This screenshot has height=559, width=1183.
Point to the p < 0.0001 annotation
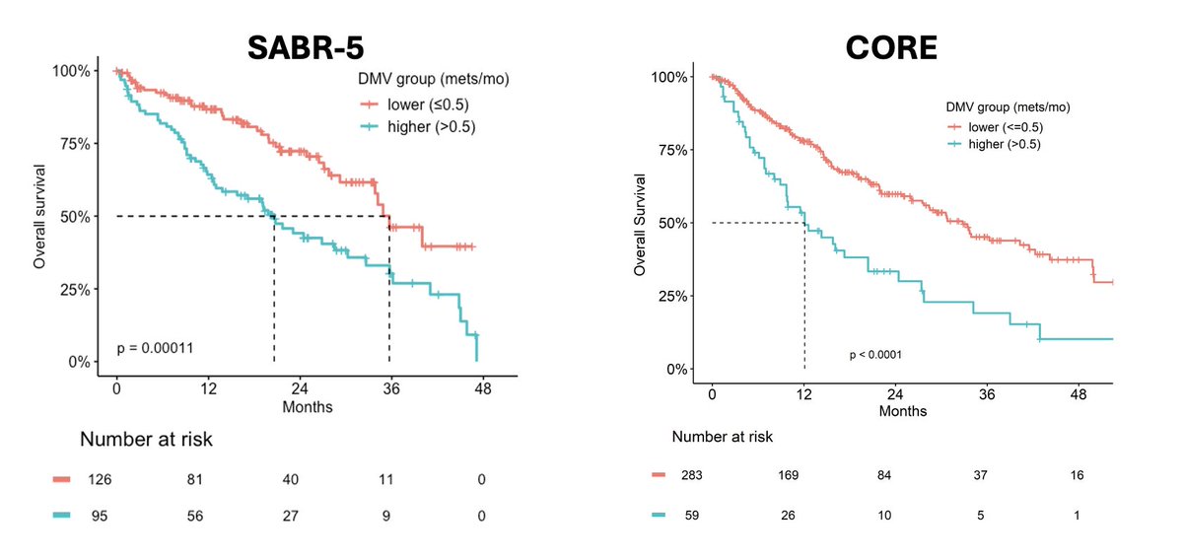click(x=875, y=354)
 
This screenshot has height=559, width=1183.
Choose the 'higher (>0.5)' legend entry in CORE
click(x=999, y=144)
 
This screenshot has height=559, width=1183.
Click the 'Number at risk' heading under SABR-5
click(x=146, y=440)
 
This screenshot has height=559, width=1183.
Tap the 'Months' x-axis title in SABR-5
click(x=307, y=406)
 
